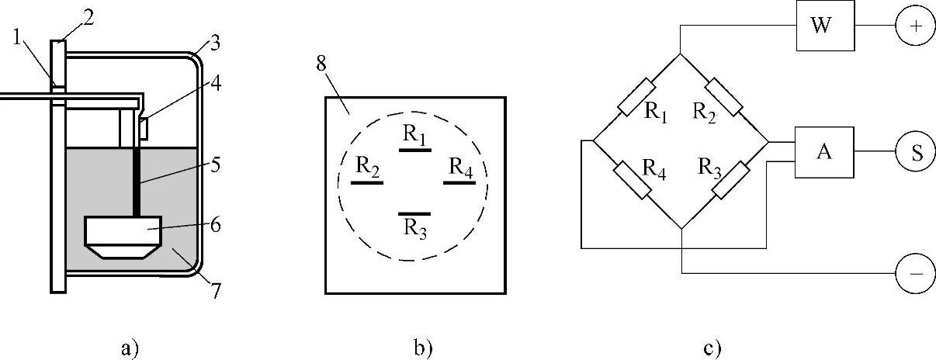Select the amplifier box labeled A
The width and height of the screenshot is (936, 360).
tap(823, 152)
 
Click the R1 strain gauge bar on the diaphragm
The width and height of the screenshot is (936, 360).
tap(414, 150)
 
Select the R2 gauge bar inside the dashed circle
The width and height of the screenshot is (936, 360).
tap(367, 182)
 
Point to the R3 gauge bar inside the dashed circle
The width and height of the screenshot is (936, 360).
tap(414, 213)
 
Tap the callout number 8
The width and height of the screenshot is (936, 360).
tap(322, 64)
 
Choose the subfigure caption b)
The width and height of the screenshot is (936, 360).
tap(422, 348)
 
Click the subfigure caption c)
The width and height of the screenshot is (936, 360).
tap(712, 348)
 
